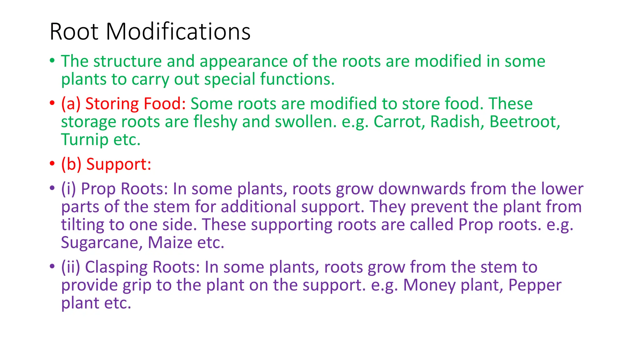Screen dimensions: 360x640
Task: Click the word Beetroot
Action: click(524, 122)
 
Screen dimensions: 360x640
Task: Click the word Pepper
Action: click(535, 285)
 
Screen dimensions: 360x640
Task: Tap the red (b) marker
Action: click(71, 164)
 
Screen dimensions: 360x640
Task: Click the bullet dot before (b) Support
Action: click(52, 164)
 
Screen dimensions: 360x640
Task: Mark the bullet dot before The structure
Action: click(52, 61)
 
